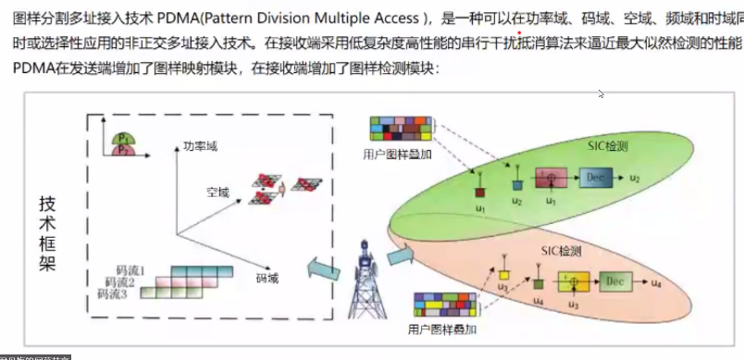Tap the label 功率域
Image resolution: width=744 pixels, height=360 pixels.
click(x=200, y=145)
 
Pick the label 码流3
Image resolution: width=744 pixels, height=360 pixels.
click(x=111, y=294)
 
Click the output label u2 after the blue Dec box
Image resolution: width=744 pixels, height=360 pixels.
click(x=633, y=176)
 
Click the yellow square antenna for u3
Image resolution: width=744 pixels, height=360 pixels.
click(x=503, y=274)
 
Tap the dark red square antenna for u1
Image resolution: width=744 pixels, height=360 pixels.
click(x=481, y=192)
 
